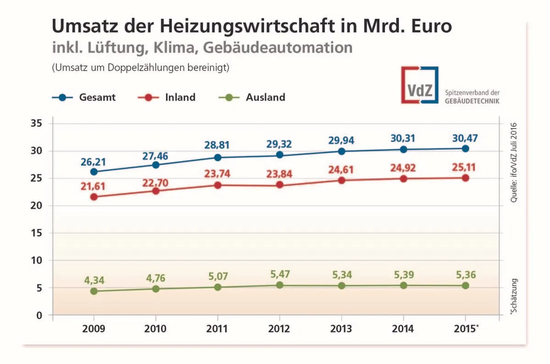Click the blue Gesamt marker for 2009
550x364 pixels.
point(94,172)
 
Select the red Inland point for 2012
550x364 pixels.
point(280,185)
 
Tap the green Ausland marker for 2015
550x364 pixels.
point(465,286)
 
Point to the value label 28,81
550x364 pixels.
point(218,145)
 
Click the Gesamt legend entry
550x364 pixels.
point(84,97)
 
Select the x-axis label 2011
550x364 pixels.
point(218,329)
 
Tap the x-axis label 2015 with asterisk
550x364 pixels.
point(467,329)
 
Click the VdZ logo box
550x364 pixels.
point(419,85)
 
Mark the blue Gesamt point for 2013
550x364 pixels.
point(341,151)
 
